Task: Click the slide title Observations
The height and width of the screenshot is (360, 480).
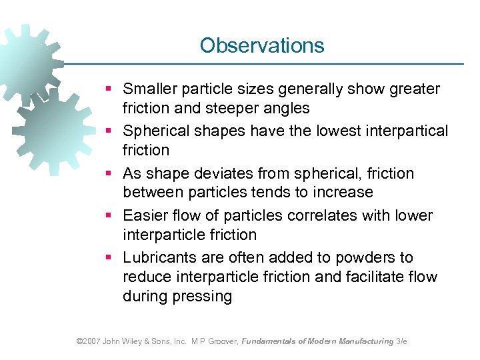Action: (x=262, y=45)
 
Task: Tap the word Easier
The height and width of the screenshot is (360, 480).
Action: (x=144, y=215)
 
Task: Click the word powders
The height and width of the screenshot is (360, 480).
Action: (x=363, y=257)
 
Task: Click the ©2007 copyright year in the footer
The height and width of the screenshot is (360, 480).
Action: (x=88, y=341)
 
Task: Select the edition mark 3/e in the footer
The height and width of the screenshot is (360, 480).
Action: (x=401, y=341)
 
